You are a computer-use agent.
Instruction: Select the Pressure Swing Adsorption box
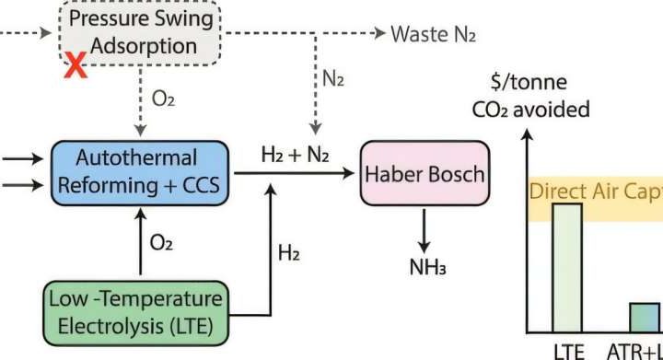(142, 33)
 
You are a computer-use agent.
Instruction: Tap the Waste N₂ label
(435, 34)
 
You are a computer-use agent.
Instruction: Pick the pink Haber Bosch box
(423, 173)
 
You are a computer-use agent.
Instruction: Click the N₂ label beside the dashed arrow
(333, 80)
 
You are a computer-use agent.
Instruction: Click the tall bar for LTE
(567, 267)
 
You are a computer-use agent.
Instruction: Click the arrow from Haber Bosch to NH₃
(423, 229)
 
